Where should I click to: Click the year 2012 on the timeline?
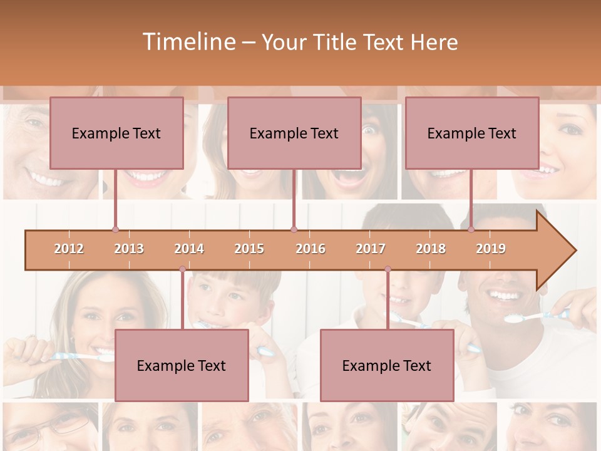pyautogui.click(x=69, y=249)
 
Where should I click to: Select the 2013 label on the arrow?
pyautogui.click(x=129, y=249)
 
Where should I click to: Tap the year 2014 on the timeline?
pyautogui.click(x=189, y=249)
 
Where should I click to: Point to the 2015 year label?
pyautogui.click(x=249, y=249)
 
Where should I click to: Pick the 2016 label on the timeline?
pyautogui.click(x=311, y=249)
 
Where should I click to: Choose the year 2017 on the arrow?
pyautogui.click(x=371, y=249)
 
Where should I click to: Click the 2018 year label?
pyautogui.click(x=431, y=249)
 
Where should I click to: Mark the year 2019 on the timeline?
pyautogui.click(x=491, y=249)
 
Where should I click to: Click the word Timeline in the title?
pyautogui.click(x=188, y=42)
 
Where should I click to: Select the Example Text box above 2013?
pyautogui.click(x=116, y=133)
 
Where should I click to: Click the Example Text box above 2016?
pyautogui.click(x=294, y=133)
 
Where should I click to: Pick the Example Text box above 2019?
pyautogui.click(x=472, y=133)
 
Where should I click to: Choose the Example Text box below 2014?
pyautogui.click(x=182, y=365)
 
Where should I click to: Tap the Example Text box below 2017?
pyautogui.click(x=387, y=365)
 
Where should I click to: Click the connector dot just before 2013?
pyautogui.click(x=115, y=230)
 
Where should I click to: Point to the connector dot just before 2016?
pyautogui.click(x=294, y=230)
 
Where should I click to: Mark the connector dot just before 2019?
pyautogui.click(x=471, y=230)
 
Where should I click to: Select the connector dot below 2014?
pyautogui.click(x=182, y=269)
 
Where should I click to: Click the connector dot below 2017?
pyautogui.click(x=388, y=269)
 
